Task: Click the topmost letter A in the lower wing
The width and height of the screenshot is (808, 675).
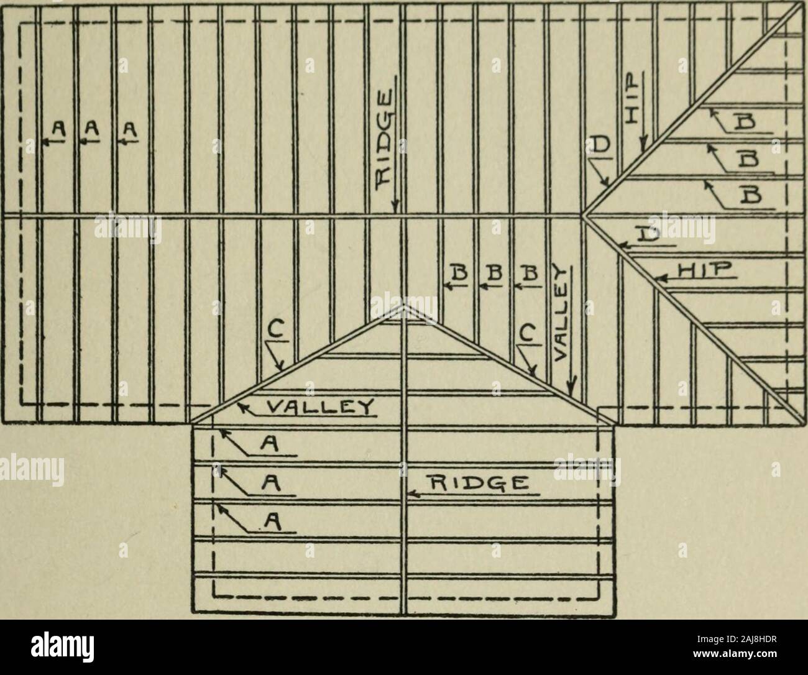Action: point(270,445)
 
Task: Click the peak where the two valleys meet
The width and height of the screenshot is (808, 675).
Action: point(403,306)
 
